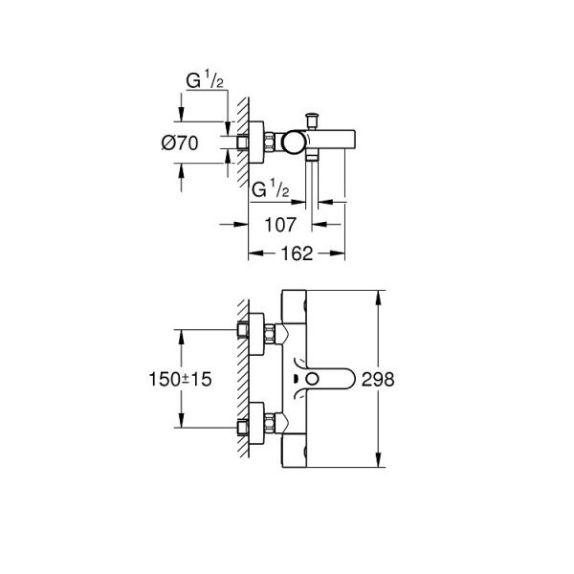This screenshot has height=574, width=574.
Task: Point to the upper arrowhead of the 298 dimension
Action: coord(381,293)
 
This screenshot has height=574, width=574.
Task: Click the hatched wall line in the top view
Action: coord(243,143)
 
